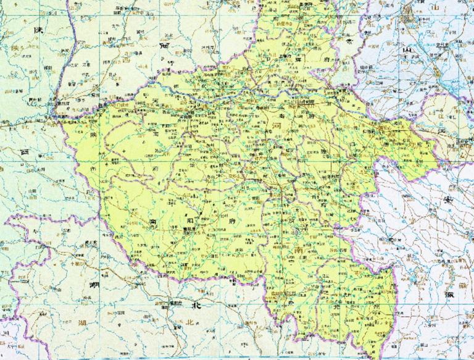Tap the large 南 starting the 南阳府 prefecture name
[x=152, y=220]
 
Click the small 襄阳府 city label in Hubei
[x=165, y=303]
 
